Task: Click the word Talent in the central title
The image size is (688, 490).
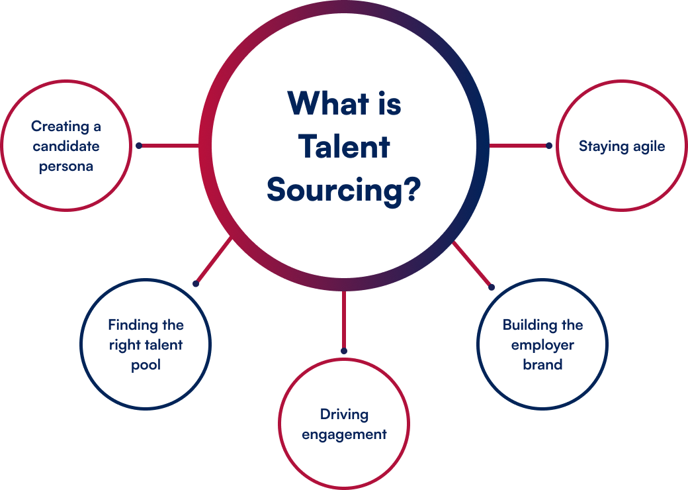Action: pyautogui.click(x=344, y=146)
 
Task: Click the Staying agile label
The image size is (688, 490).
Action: pyautogui.click(x=622, y=146)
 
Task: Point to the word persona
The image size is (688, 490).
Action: pyautogui.click(x=66, y=166)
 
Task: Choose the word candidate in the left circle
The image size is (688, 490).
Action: pyautogui.click(x=66, y=146)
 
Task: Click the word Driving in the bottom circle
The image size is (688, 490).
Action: pyautogui.click(x=344, y=415)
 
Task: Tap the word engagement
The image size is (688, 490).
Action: pyautogui.click(x=344, y=434)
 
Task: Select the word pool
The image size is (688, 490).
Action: pyautogui.click(x=146, y=365)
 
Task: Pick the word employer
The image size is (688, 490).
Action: pyautogui.click(x=542, y=345)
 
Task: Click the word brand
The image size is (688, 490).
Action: pyautogui.click(x=542, y=365)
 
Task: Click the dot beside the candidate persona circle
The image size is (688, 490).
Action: pyautogui.click(x=139, y=146)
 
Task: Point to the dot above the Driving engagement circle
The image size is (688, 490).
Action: pyautogui.click(x=344, y=351)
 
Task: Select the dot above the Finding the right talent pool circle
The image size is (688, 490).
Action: pyautogui.click(x=196, y=283)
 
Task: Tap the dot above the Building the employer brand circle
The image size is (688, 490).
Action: pyautogui.click(x=491, y=287)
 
